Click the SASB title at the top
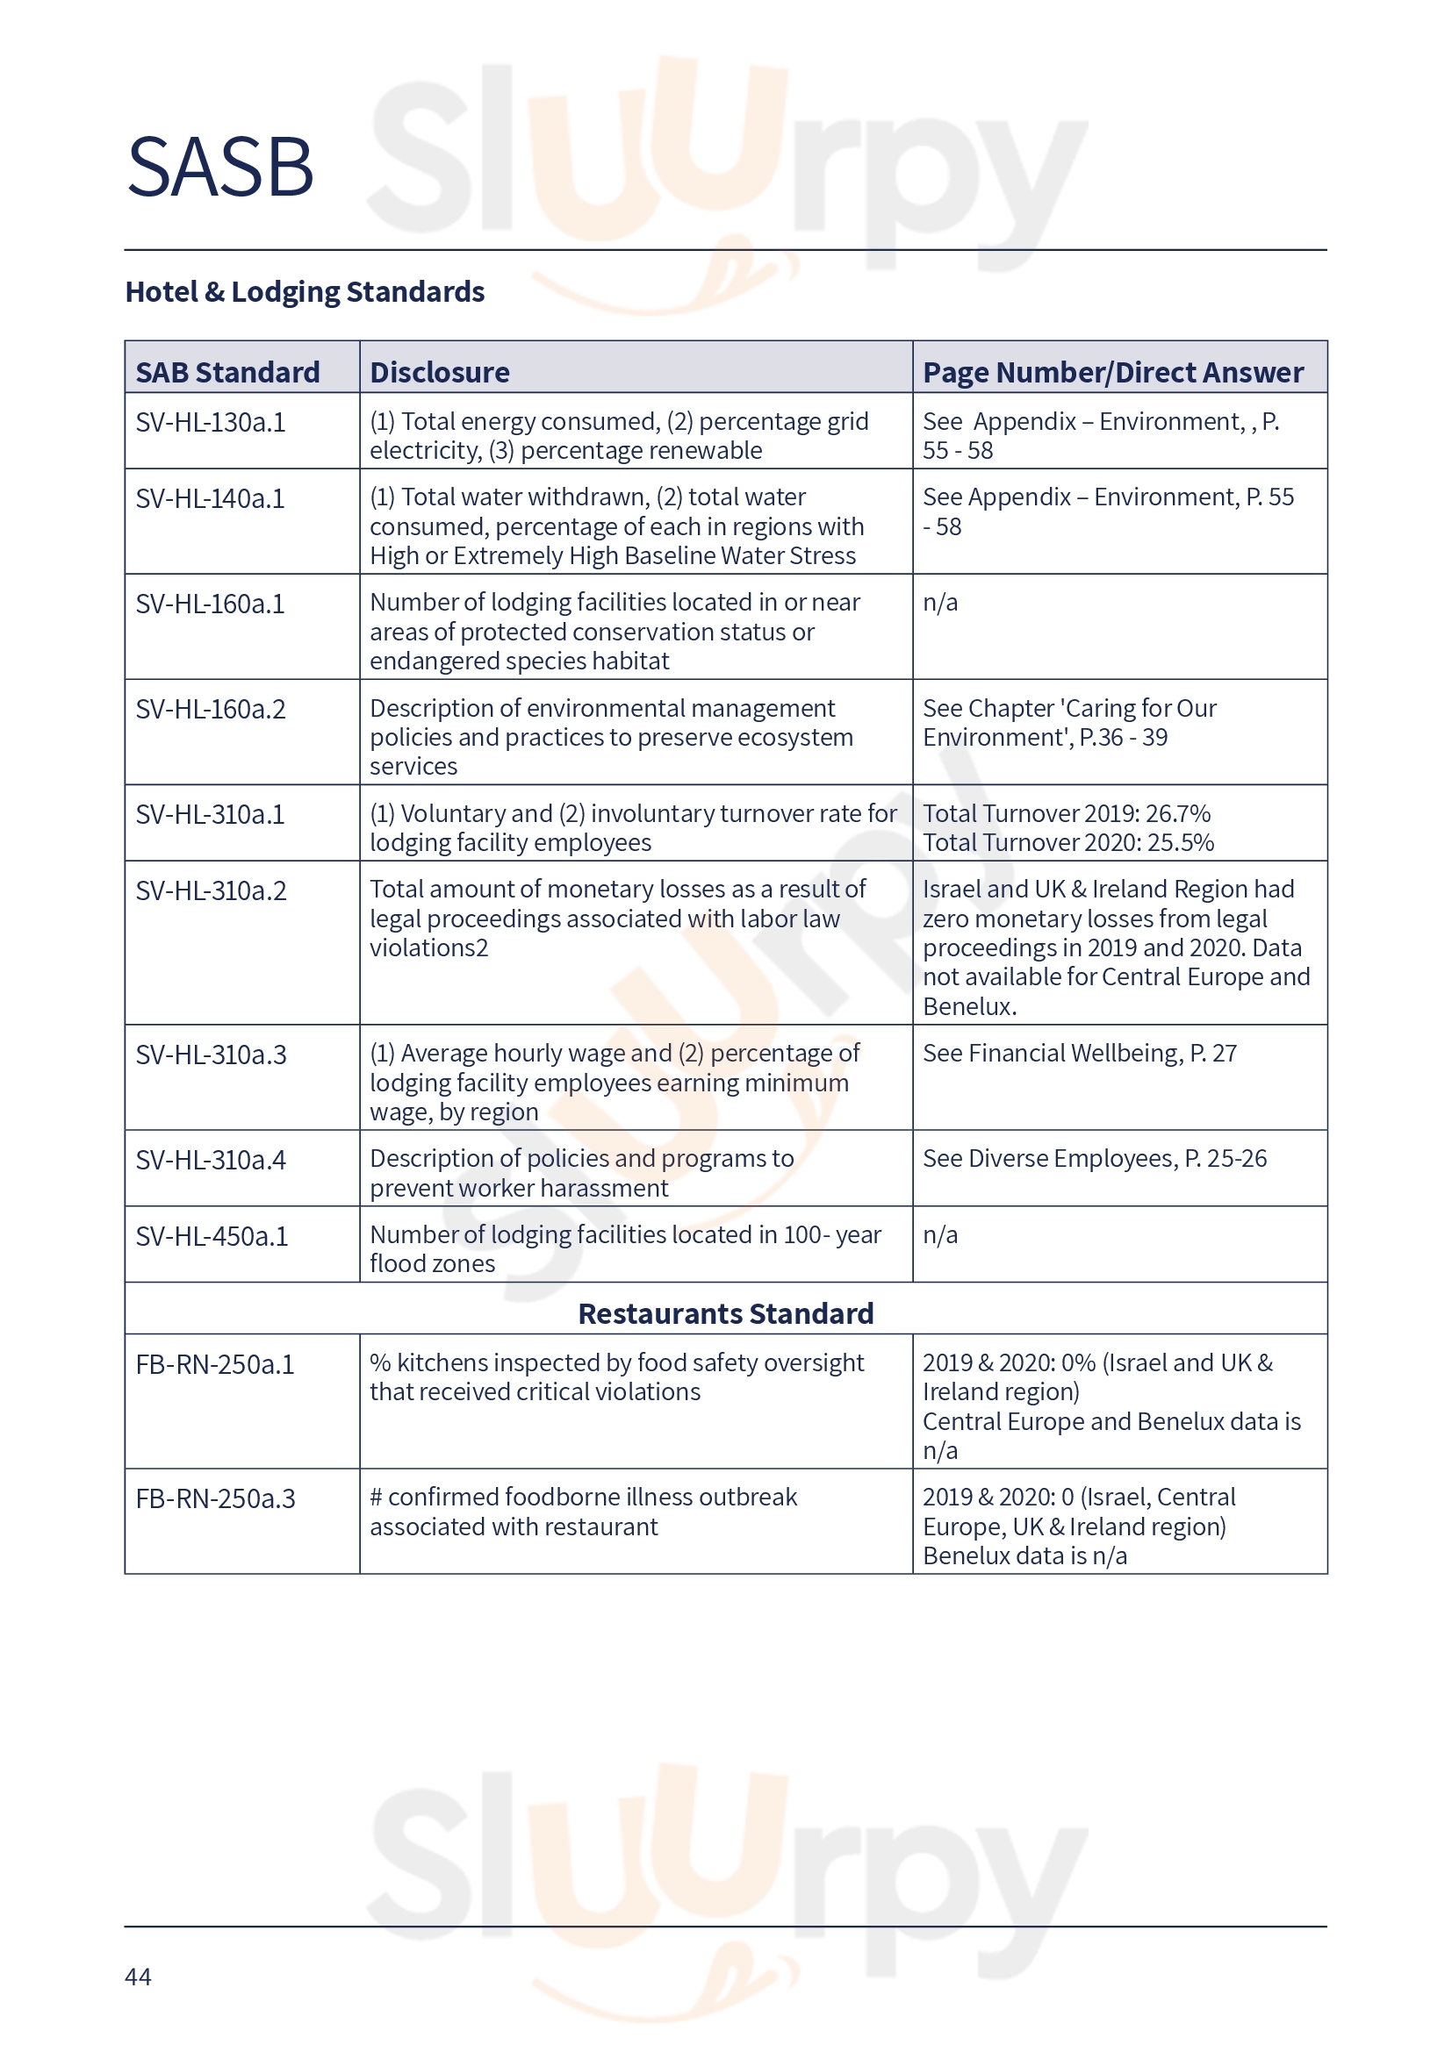pyautogui.click(x=220, y=168)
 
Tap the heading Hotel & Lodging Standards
pyautogui.click(x=304, y=292)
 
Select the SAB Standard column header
pyautogui.click(x=227, y=372)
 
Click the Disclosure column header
pyautogui.click(x=439, y=372)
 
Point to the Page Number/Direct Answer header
pyautogui.click(x=1112, y=372)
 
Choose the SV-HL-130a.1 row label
pyautogui.click(x=210, y=422)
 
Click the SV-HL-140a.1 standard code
pyautogui.click(x=210, y=498)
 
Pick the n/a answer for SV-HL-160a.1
pyautogui.click(x=939, y=603)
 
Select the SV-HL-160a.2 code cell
pyautogui.click(x=210, y=710)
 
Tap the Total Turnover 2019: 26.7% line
pyautogui.click(x=1066, y=813)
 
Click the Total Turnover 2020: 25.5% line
pyautogui.click(x=1067, y=843)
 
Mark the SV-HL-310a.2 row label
pyautogui.click(x=211, y=891)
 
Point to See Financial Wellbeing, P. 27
pyautogui.click(x=1079, y=1054)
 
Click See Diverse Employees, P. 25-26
pyautogui.click(x=1095, y=1159)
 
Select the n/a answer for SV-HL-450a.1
pyautogui.click(x=939, y=1235)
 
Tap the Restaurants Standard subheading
pyautogui.click(x=725, y=1314)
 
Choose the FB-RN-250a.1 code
pyautogui.click(x=214, y=1365)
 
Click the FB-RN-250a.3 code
pyautogui.click(x=214, y=1498)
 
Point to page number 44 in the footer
pyautogui.click(x=138, y=1976)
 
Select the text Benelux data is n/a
pyautogui.click(x=1024, y=1556)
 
